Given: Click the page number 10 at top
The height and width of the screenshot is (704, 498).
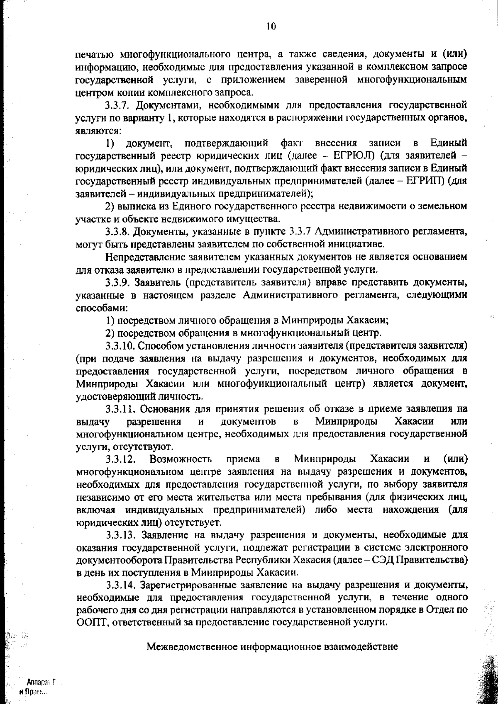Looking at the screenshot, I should point(271,27).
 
